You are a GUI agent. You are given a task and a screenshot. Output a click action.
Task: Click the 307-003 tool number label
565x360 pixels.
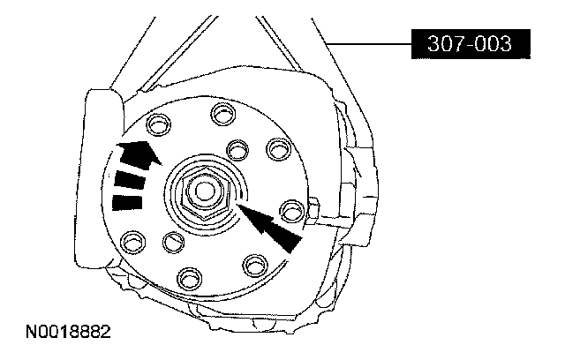click(x=471, y=44)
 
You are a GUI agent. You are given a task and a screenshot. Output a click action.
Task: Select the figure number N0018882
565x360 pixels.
click(x=68, y=332)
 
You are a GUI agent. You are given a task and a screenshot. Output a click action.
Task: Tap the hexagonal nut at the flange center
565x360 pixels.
click(x=205, y=193)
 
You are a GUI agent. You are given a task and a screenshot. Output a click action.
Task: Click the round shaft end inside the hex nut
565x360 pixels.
click(x=204, y=191)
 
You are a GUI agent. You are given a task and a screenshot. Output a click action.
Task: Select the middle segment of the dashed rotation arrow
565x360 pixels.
click(x=130, y=180)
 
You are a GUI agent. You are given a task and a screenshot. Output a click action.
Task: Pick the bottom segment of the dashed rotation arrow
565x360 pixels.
click(x=127, y=202)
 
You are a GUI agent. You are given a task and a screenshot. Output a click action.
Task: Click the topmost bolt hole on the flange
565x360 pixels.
click(x=223, y=114)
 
